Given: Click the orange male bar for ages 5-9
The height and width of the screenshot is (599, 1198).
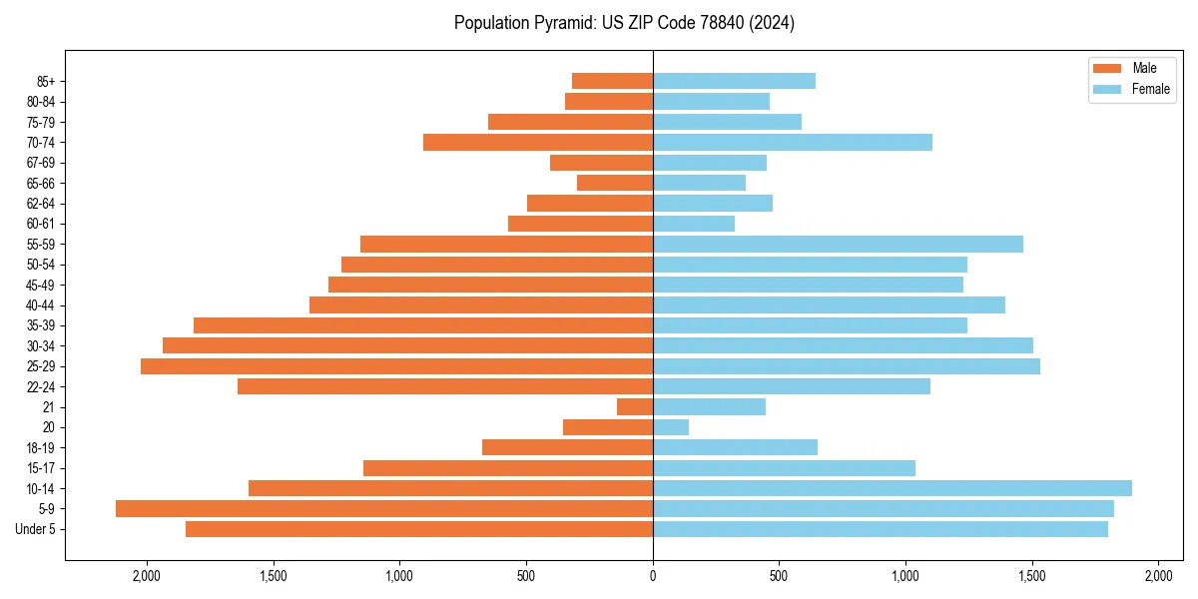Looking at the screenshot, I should click(x=384, y=508).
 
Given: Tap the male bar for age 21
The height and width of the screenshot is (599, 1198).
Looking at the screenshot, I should click(x=635, y=406).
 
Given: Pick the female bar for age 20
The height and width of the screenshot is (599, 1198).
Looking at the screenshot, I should click(x=671, y=427).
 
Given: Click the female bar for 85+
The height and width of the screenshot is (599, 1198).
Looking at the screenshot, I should click(x=734, y=81).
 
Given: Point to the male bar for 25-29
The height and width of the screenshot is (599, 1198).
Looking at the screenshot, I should click(x=396, y=366).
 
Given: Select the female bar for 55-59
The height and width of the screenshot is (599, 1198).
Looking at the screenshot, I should click(x=838, y=244).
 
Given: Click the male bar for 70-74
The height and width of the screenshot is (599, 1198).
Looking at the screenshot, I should click(x=538, y=142).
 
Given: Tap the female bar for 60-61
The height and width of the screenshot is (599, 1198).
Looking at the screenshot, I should click(x=694, y=224).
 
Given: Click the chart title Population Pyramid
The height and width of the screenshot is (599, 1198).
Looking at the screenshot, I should click(x=624, y=23).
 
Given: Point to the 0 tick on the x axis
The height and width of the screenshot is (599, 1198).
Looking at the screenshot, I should click(x=653, y=576).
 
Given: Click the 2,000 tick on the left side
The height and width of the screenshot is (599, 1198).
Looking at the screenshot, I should click(x=147, y=576).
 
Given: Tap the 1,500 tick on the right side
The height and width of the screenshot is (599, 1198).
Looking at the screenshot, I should click(x=1032, y=576).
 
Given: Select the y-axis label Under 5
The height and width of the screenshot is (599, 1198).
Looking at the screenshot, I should click(x=35, y=529).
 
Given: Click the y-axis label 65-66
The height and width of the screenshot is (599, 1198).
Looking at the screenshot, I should click(x=41, y=183).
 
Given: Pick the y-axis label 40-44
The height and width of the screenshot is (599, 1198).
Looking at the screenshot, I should click(x=41, y=305).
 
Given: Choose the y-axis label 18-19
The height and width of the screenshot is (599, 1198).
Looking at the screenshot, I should click(x=41, y=447).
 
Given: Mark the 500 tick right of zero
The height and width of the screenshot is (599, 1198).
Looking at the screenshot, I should click(x=779, y=576).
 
